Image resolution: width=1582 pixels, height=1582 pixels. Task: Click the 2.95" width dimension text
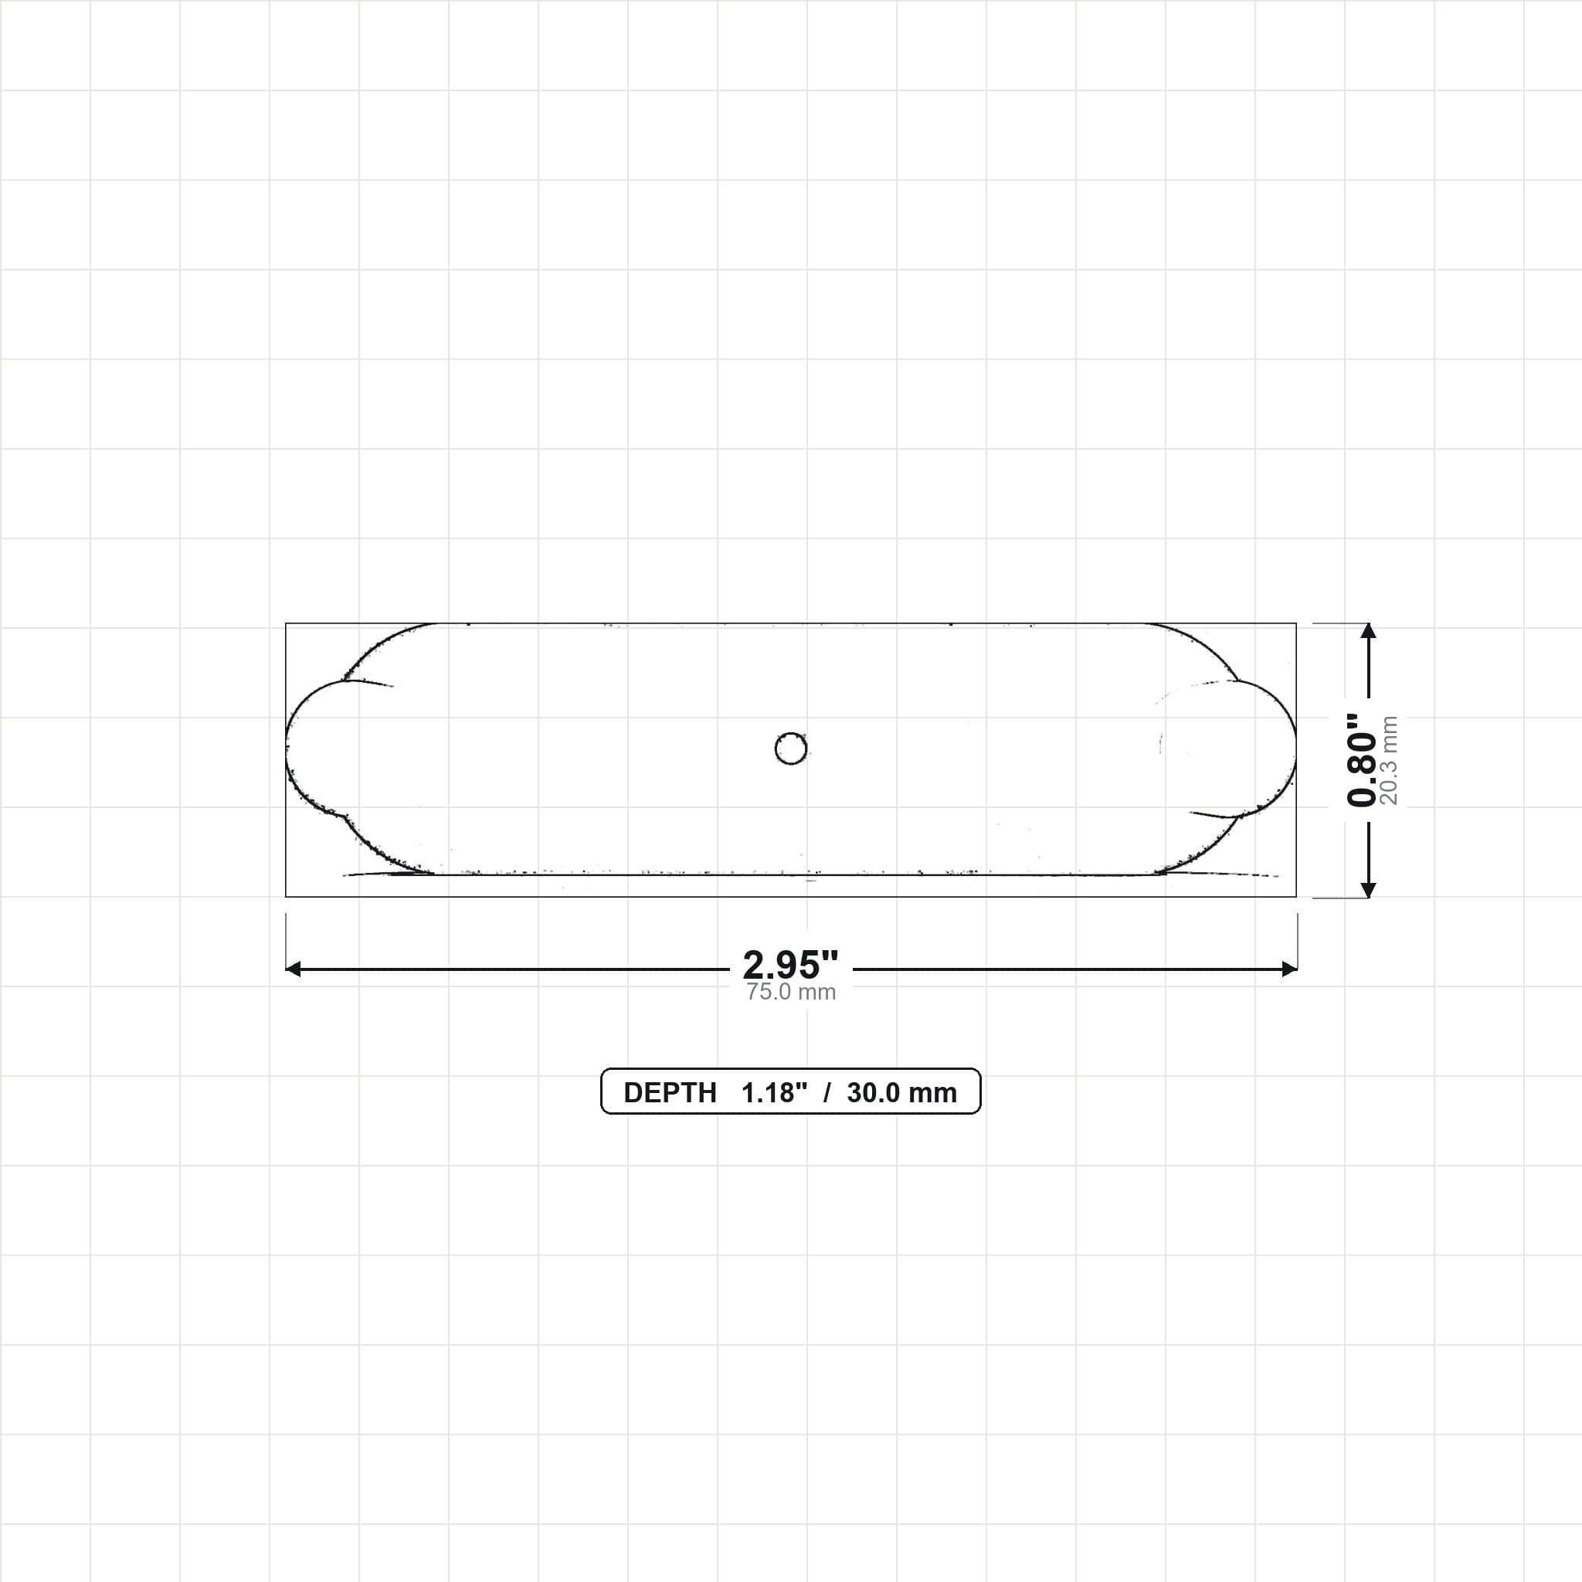(790, 965)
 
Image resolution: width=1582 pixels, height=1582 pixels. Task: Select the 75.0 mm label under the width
(791, 993)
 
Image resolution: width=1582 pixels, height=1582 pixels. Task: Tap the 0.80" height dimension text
(1361, 760)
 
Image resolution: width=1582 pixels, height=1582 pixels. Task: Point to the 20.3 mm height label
(1389, 760)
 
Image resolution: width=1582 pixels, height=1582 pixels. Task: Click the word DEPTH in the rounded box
(670, 1093)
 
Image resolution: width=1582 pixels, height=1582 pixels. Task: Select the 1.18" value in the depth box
(774, 1093)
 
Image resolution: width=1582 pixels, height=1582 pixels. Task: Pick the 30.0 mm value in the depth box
(901, 1093)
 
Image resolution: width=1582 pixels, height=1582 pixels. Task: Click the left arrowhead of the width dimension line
(293, 969)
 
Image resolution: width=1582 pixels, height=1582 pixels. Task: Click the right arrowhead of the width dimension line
(1290, 969)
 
